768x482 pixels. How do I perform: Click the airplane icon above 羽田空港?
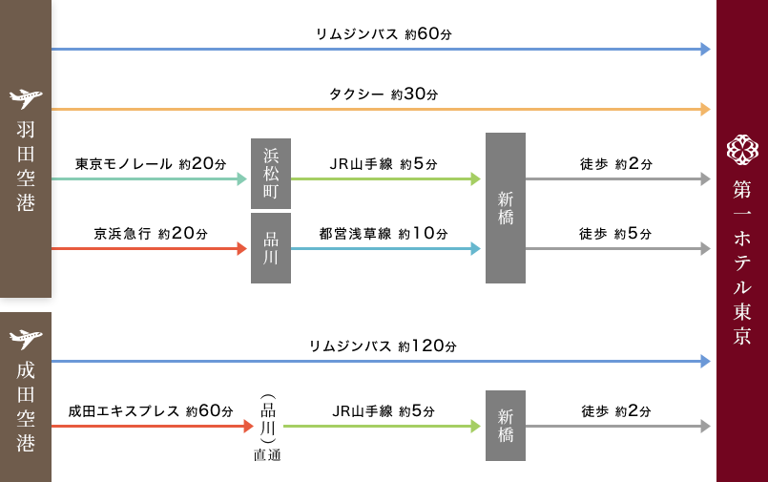25,98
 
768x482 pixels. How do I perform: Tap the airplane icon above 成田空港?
25,337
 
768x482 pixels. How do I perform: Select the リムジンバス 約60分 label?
383,34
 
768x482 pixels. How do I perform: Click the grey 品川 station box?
271,248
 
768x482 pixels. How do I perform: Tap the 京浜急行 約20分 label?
151,234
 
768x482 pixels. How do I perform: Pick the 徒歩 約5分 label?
615,234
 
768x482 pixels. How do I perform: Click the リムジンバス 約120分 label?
383,346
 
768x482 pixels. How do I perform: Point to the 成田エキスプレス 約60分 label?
150,411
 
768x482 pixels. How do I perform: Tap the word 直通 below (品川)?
267,455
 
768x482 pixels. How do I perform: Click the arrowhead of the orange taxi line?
705,110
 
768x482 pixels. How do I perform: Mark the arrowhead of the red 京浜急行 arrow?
241,249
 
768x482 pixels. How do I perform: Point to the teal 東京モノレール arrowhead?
241,178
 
